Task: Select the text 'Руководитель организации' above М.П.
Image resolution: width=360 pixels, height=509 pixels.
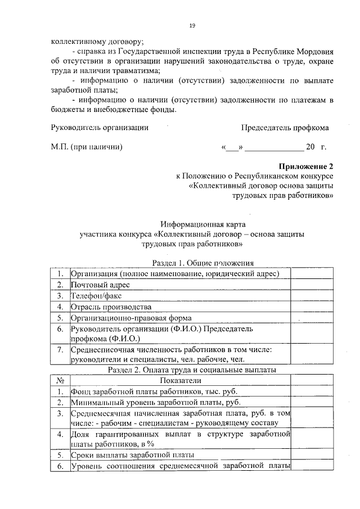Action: coord(100,128)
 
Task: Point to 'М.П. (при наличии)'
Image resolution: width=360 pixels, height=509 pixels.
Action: coord(87,148)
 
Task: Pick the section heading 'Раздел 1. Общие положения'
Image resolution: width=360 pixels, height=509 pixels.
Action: coord(203,263)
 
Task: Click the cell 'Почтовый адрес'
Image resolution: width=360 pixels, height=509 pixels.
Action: coord(97,285)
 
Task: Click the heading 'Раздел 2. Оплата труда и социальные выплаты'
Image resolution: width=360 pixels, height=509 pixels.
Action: coord(192,370)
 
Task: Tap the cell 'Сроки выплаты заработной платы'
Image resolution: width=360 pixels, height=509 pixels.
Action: coord(132,454)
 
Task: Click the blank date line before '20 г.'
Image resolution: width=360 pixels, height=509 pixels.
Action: coord(273,148)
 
